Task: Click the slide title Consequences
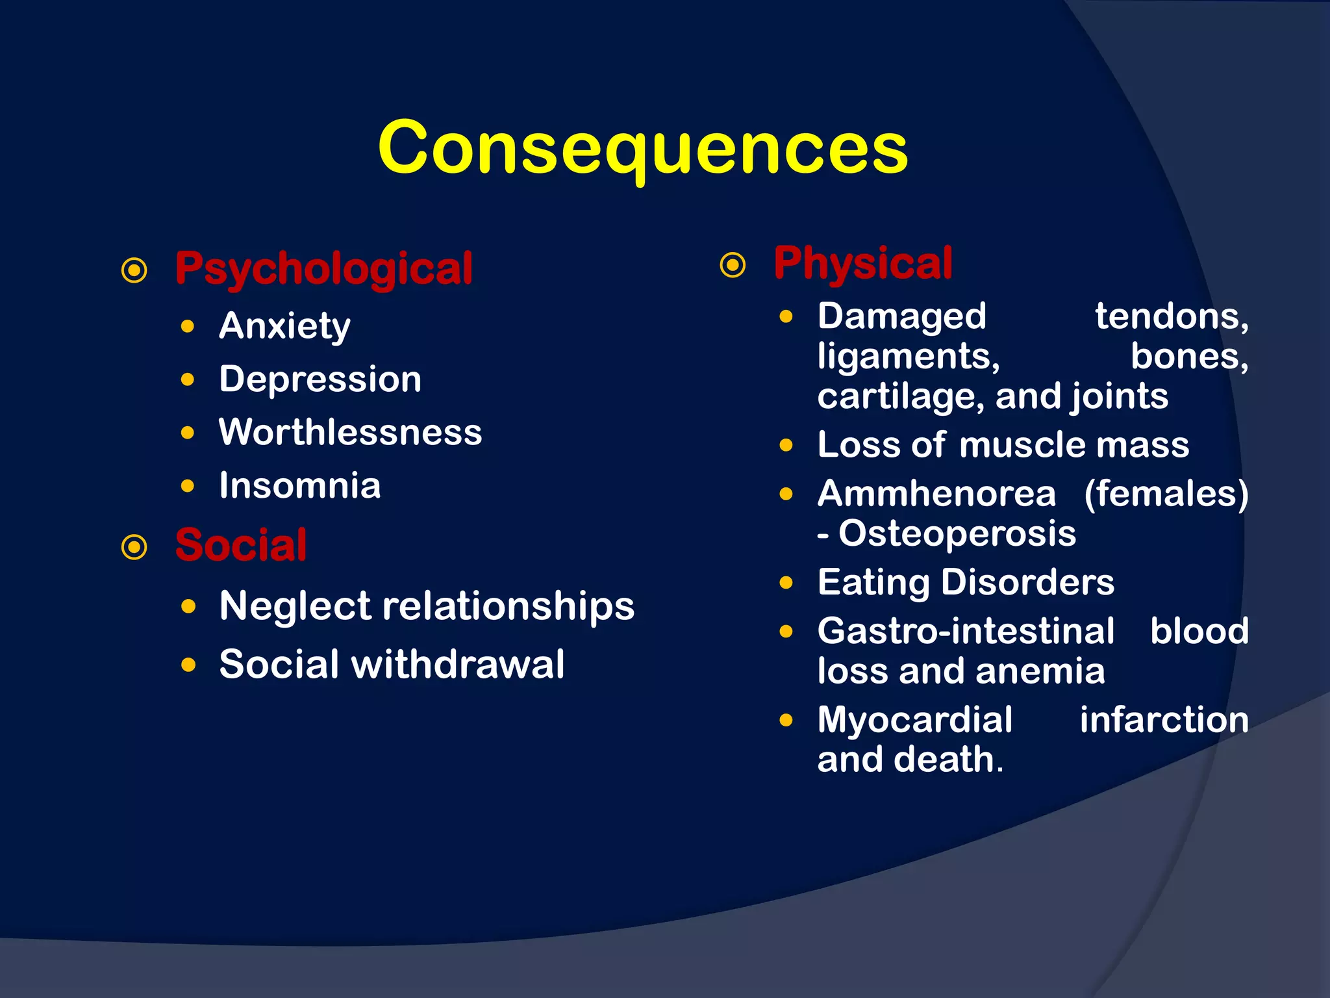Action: (x=643, y=148)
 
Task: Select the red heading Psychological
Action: (x=323, y=268)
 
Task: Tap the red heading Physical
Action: (x=863, y=263)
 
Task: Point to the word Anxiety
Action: (x=284, y=326)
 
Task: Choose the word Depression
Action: (x=320, y=379)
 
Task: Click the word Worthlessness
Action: (x=350, y=432)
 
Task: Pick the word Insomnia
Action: (x=299, y=485)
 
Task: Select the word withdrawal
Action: (x=458, y=664)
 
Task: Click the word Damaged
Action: (x=901, y=316)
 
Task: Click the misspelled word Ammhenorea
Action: (x=936, y=494)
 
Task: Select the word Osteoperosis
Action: (x=957, y=533)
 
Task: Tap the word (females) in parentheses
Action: (x=1166, y=494)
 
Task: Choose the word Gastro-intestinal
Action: (x=966, y=631)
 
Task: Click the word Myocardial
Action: (x=914, y=720)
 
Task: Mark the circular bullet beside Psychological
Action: (x=134, y=270)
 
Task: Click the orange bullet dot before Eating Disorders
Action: (x=786, y=583)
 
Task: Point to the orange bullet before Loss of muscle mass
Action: (x=786, y=446)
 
